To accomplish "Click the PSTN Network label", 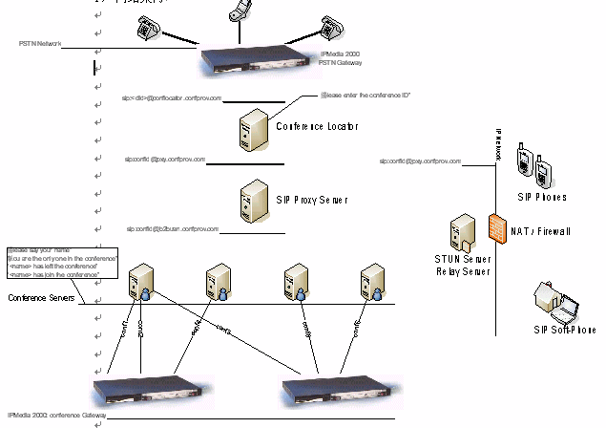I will pyautogui.click(x=39, y=44).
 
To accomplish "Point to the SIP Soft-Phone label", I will pyautogui.click(x=564, y=330).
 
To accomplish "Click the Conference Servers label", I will pyautogui.click(x=42, y=298).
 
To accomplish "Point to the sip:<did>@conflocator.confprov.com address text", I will pyautogui.click(x=172, y=98).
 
